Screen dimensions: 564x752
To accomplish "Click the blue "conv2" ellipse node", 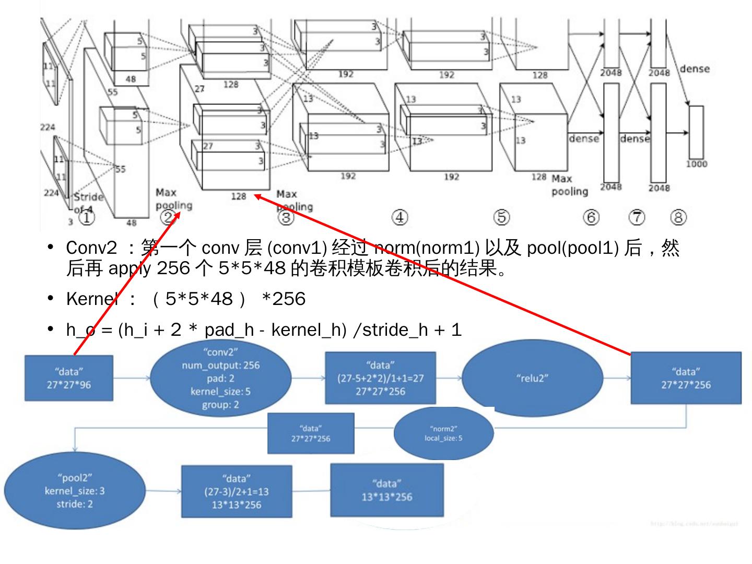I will pos(220,378).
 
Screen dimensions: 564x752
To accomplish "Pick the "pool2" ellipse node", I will pos(75,490).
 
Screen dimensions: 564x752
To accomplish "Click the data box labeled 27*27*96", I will pos(69,378).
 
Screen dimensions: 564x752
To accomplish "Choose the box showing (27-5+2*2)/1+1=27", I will pos(380,378).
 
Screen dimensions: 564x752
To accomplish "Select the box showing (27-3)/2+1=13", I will pos(236,491).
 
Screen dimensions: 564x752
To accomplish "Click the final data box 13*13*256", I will pos(386,490).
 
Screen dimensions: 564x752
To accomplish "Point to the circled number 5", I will pos(501,217).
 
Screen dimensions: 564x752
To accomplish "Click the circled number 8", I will pos(678,217).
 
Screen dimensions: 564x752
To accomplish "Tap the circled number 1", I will pos(87,217).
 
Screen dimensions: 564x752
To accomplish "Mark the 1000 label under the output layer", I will pos(697,164).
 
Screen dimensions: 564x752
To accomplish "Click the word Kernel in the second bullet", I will pos(90,299).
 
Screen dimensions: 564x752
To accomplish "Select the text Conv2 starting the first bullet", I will pos(91,249).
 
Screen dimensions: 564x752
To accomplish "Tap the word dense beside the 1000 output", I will pos(695,69).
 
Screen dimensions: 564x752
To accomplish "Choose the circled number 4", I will pos(399,217).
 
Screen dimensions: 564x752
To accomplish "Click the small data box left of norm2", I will pos(311,433).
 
